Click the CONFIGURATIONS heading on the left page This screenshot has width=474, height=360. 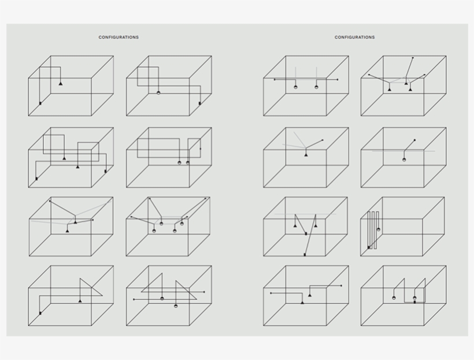coord(118,37)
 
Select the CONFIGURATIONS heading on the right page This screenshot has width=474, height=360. coord(354,37)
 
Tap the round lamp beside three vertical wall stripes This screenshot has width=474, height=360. coord(379,229)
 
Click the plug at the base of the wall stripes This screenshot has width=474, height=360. coord(369,247)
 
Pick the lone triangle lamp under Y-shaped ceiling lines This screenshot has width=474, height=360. coord(306,155)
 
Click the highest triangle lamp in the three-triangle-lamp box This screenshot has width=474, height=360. coord(406,83)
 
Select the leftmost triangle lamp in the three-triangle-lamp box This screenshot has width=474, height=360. coord(390,90)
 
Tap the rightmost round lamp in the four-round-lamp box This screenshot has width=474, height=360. coord(182,224)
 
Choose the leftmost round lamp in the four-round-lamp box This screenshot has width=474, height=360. coord(154,231)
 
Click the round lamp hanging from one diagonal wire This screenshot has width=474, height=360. coord(404,159)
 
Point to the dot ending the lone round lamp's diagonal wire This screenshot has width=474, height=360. coord(414,140)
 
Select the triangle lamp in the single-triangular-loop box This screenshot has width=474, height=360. coord(80,300)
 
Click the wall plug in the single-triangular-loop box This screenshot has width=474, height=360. coord(40,313)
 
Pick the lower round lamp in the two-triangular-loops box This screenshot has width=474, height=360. coord(176,306)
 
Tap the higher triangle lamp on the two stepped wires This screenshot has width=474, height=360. coord(310,295)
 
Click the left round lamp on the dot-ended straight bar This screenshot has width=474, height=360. coord(295,87)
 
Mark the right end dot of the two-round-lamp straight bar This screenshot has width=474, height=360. coord(338,80)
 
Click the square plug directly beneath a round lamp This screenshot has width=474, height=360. coord(415,302)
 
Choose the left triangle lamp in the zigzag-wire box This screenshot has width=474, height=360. coord(295,225)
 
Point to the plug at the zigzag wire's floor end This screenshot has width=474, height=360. coord(305,255)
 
